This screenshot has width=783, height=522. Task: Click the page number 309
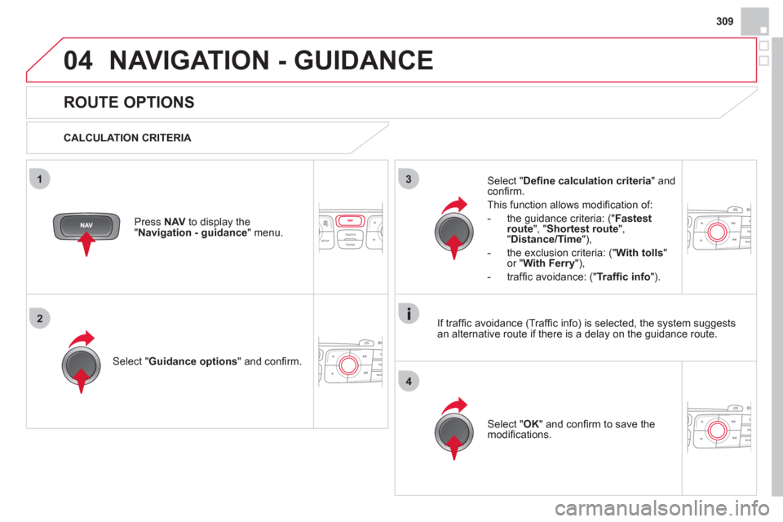tap(724, 21)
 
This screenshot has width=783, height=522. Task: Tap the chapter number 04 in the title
tap(78, 60)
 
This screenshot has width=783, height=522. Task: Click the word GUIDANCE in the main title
tap(364, 60)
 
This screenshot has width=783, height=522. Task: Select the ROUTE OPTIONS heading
tap(129, 103)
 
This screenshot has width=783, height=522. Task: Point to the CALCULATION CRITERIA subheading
tap(127, 138)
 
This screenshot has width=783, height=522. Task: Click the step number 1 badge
tap(40, 179)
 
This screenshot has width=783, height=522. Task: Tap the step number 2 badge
tap(40, 318)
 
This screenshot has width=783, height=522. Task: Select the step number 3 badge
tap(409, 179)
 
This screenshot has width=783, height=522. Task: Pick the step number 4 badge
tap(409, 381)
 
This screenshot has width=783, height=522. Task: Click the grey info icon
tap(409, 314)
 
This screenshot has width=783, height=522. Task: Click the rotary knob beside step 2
tap(81, 365)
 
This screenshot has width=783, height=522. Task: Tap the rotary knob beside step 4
tap(454, 432)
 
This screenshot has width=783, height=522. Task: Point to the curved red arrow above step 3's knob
tap(454, 205)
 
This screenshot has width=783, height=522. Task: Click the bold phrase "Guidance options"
tap(192, 361)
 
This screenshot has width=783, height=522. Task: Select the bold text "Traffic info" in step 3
tap(624, 276)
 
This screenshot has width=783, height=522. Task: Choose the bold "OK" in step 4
tap(531, 424)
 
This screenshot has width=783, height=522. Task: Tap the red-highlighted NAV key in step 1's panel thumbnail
tap(350, 221)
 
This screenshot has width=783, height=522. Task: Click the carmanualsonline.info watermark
tap(661, 508)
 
